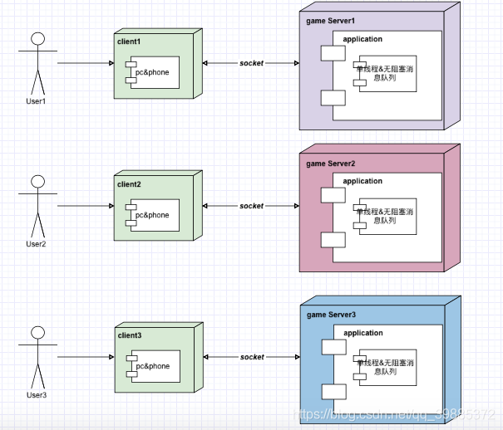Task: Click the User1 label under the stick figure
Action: click(37, 101)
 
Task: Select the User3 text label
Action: click(37, 394)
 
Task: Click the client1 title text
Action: click(130, 41)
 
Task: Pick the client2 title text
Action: click(130, 183)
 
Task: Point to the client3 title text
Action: click(130, 335)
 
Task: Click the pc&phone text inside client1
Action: click(152, 73)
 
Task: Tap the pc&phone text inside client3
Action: click(152, 366)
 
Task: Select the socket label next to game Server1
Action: click(251, 63)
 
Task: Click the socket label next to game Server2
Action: click(251, 206)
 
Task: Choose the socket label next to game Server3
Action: click(251, 357)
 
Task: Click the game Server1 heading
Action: click(331, 20)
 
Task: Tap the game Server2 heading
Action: click(331, 164)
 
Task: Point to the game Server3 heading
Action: click(331, 315)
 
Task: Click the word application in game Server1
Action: click(362, 39)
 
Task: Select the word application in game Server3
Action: click(362, 333)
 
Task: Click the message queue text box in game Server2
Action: click(386, 217)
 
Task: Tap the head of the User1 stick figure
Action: click(37, 39)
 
